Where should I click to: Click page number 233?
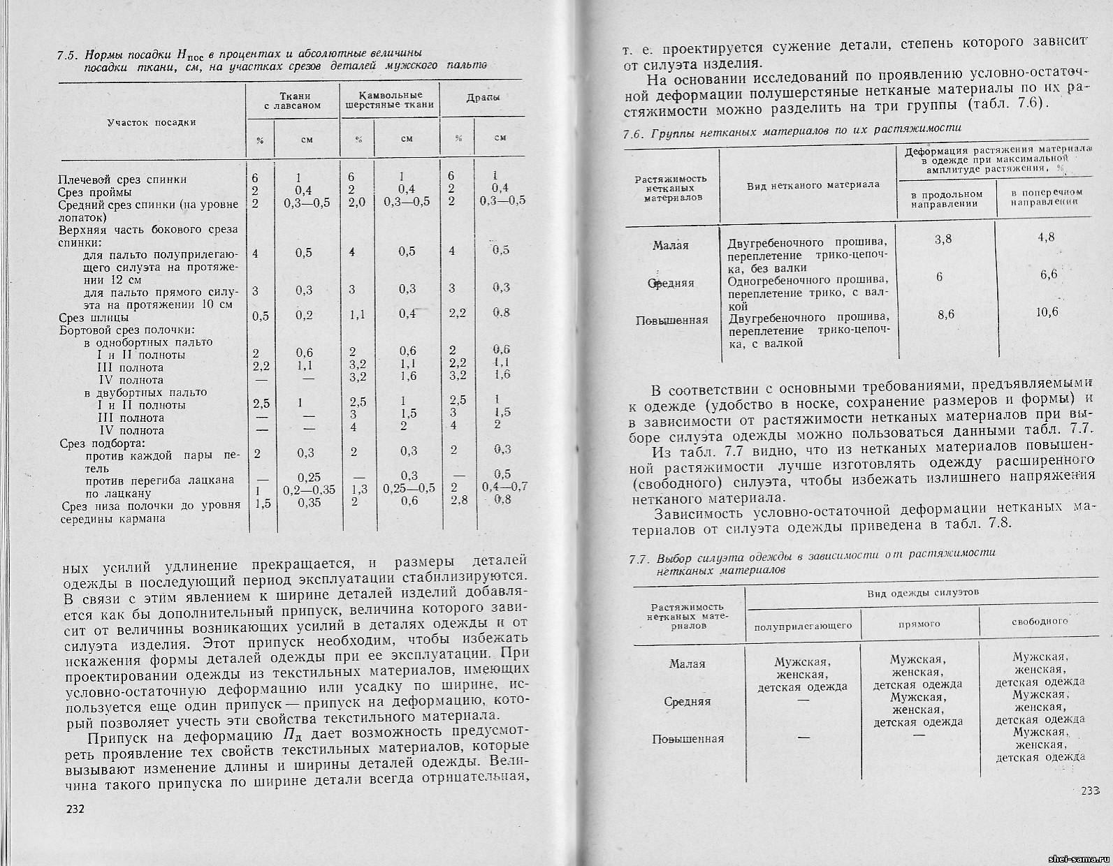tap(1089, 791)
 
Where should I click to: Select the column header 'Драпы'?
tap(483, 98)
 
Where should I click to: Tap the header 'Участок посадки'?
tap(152, 122)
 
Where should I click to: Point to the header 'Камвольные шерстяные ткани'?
tap(389, 99)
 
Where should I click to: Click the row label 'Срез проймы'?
tap(96, 192)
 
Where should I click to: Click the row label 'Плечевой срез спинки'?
tap(122, 179)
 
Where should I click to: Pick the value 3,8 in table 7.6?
tap(943, 240)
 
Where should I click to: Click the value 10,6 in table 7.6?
tap(1047, 311)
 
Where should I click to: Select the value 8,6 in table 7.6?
tap(945, 315)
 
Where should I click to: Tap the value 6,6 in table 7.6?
tap(1048, 274)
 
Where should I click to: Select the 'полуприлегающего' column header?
tap(803, 626)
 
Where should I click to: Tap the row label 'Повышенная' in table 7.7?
tap(688, 739)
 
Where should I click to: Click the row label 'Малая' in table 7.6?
tap(671, 245)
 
